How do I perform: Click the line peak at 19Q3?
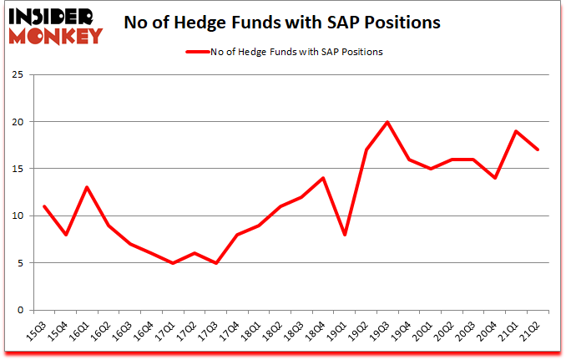click(x=387, y=122)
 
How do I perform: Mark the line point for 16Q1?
click(x=86, y=187)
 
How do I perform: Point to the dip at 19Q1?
click(x=345, y=235)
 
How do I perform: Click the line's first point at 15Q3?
click(x=43, y=206)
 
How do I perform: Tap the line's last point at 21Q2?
click(x=538, y=150)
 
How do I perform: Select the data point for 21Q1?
click(x=517, y=131)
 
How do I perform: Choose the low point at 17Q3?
click(x=215, y=263)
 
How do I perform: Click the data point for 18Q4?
click(x=323, y=178)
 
